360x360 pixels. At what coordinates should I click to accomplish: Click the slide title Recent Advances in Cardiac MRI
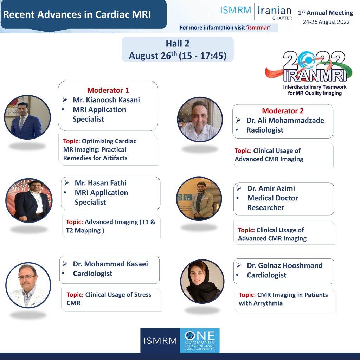click(77, 14)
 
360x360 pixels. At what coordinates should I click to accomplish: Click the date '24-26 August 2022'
click(326, 22)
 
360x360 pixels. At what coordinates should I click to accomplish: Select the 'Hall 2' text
click(178, 43)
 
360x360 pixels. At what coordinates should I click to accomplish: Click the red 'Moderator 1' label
click(108, 90)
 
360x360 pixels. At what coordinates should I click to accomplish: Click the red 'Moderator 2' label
click(283, 111)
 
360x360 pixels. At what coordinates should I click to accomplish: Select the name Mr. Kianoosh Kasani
click(106, 100)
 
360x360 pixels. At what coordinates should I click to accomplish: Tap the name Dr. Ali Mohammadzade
click(285, 121)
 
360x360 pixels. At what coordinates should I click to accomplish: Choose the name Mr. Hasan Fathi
click(100, 183)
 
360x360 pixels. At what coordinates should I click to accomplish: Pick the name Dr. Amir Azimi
click(271, 188)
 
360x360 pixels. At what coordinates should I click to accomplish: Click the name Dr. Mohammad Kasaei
click(110, 264)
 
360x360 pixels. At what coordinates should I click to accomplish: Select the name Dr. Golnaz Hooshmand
click(285, 266)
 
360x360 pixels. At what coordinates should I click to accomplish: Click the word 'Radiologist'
click(265, 130)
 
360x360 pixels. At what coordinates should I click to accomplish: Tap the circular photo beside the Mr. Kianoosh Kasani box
click(27, 117)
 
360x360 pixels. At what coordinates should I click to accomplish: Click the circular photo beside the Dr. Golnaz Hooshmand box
click(202, 282)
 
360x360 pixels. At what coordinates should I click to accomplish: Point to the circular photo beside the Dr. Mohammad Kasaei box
click(28, 285)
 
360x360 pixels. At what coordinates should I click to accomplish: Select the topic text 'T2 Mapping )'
click(85, 231)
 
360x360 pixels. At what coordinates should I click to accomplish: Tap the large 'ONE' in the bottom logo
click(200, 336)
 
